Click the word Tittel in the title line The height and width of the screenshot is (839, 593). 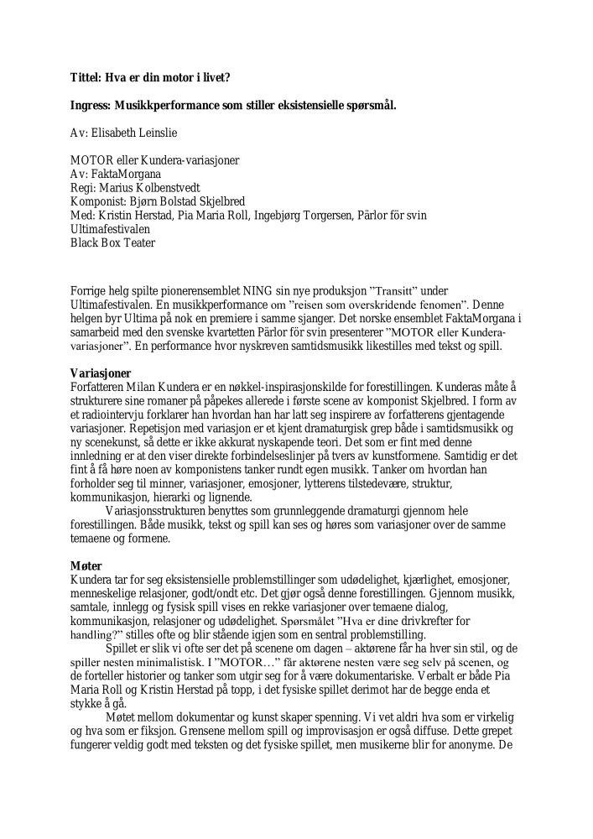pyautogui.click(x=85, y=78)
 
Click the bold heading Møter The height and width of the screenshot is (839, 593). pyautogui.click(x=86, y=566)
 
